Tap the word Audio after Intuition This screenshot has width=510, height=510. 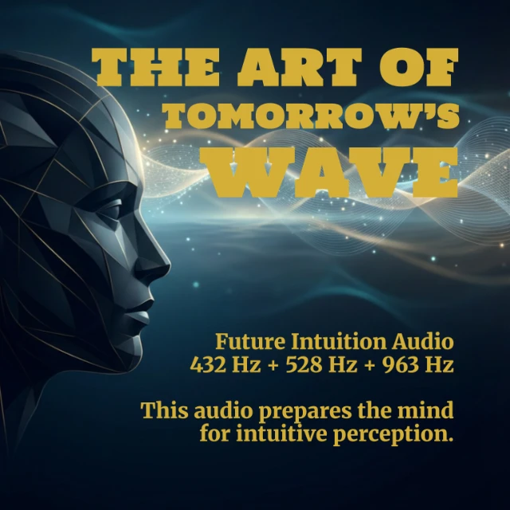[422, 343]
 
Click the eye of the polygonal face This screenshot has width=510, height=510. [111, 211]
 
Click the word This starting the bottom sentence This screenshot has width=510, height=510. [164, 411]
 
